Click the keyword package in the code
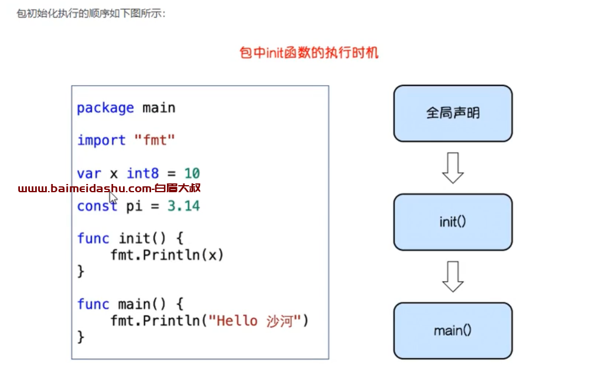[105, 108]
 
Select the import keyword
[101, 141]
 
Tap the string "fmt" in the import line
[155, 140]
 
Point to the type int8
[142, 173]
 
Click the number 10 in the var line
[192, 173]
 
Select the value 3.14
[184, 206]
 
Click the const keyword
[97, 206]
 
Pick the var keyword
[89, 174]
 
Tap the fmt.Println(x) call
[167, 255]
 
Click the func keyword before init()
[93, 239]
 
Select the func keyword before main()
[93, 304]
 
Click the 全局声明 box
[453, 113]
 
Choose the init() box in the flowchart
[453, 222]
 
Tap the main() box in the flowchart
[453, 331]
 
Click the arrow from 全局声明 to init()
[453, 168]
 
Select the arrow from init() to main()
[453, 277]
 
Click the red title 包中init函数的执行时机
[309, 53]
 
